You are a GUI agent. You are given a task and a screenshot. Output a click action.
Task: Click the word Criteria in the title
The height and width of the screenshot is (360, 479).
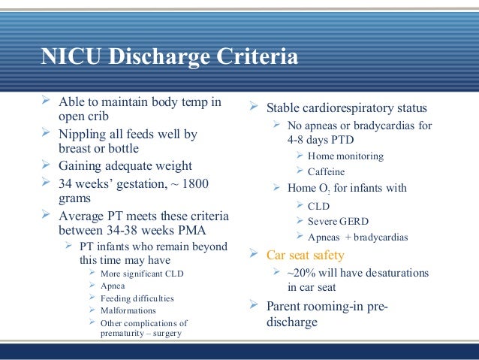256,58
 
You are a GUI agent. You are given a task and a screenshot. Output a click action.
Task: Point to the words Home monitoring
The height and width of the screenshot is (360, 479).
345,156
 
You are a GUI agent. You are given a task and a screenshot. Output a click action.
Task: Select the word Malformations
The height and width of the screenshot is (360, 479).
128,310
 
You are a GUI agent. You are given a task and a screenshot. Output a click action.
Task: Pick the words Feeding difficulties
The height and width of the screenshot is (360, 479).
137,298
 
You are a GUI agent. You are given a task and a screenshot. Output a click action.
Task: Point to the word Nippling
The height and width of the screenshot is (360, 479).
85,135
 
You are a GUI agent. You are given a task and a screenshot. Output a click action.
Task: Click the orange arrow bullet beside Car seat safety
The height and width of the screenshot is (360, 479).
254,256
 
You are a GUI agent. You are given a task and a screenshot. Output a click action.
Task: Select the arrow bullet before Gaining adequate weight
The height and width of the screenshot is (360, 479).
47,166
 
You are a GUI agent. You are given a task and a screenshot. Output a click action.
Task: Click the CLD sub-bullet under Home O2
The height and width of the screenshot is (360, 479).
318,205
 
